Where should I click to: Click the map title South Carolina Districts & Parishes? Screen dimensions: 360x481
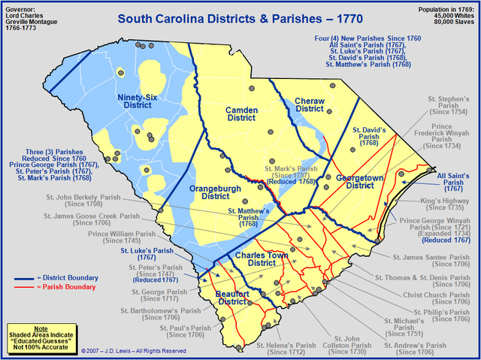coord(239,18)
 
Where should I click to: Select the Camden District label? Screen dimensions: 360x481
coord(242,114)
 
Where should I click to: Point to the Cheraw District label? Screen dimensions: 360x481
coord(308,104)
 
